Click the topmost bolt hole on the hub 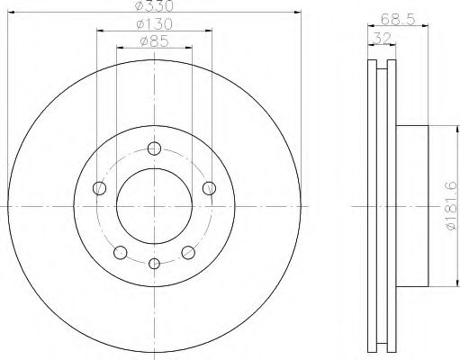click(x=154, y=148)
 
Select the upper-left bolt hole click(x=99, y=187)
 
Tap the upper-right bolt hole click(x=209, y=187)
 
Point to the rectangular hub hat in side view click(x=414, y=207)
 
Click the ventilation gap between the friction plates click(x=383, y=207)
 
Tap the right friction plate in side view click(x=392, y=207)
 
